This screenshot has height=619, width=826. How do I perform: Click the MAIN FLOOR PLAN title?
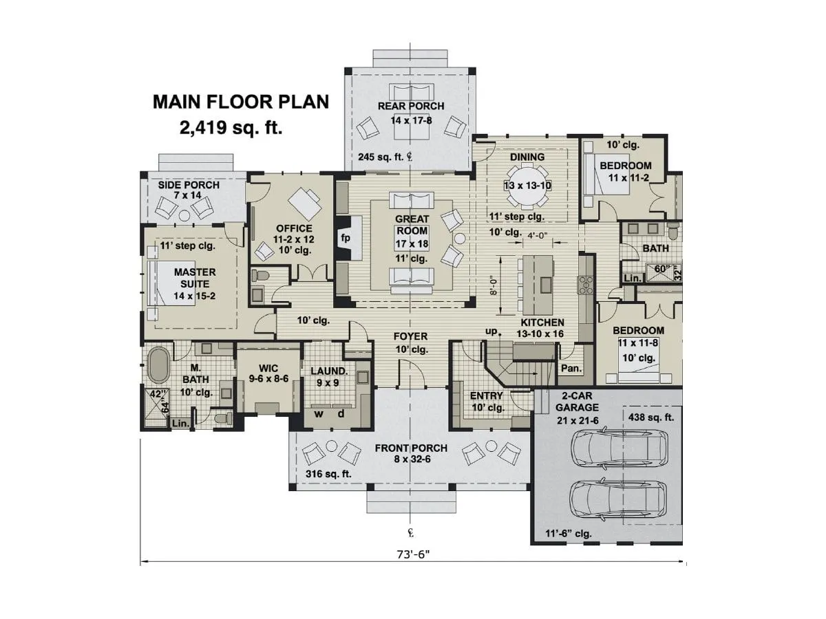(240, 102)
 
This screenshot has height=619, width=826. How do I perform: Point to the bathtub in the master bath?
(158, 365)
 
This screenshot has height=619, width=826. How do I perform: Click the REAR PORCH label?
(411, 106)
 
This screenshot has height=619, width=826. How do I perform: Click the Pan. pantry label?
(571, 369)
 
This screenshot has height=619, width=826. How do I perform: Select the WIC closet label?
(268, 369)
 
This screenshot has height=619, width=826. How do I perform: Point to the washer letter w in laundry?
(319, 414)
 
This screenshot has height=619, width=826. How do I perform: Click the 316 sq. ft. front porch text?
(329, 474)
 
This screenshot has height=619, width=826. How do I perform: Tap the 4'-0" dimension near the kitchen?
(539, 235)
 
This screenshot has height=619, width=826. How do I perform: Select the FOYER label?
(411, 336)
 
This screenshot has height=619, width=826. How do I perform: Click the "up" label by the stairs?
(491, 331)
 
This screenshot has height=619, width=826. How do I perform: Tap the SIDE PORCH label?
(189, 185)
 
